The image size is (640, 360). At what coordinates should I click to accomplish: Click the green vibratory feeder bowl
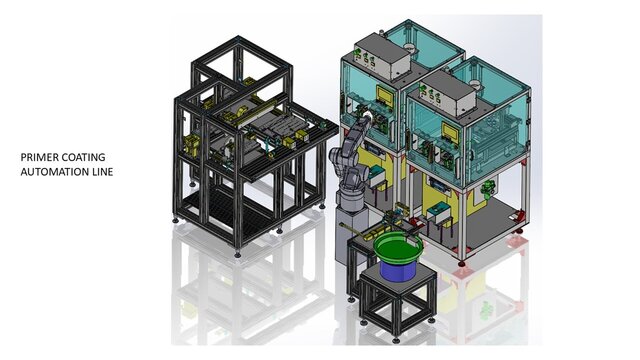click(x=398, y=250)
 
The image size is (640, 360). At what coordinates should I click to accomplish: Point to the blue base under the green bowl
click(x=398, y=270)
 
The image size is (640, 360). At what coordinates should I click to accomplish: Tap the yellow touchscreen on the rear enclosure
click(x=384, y=96)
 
